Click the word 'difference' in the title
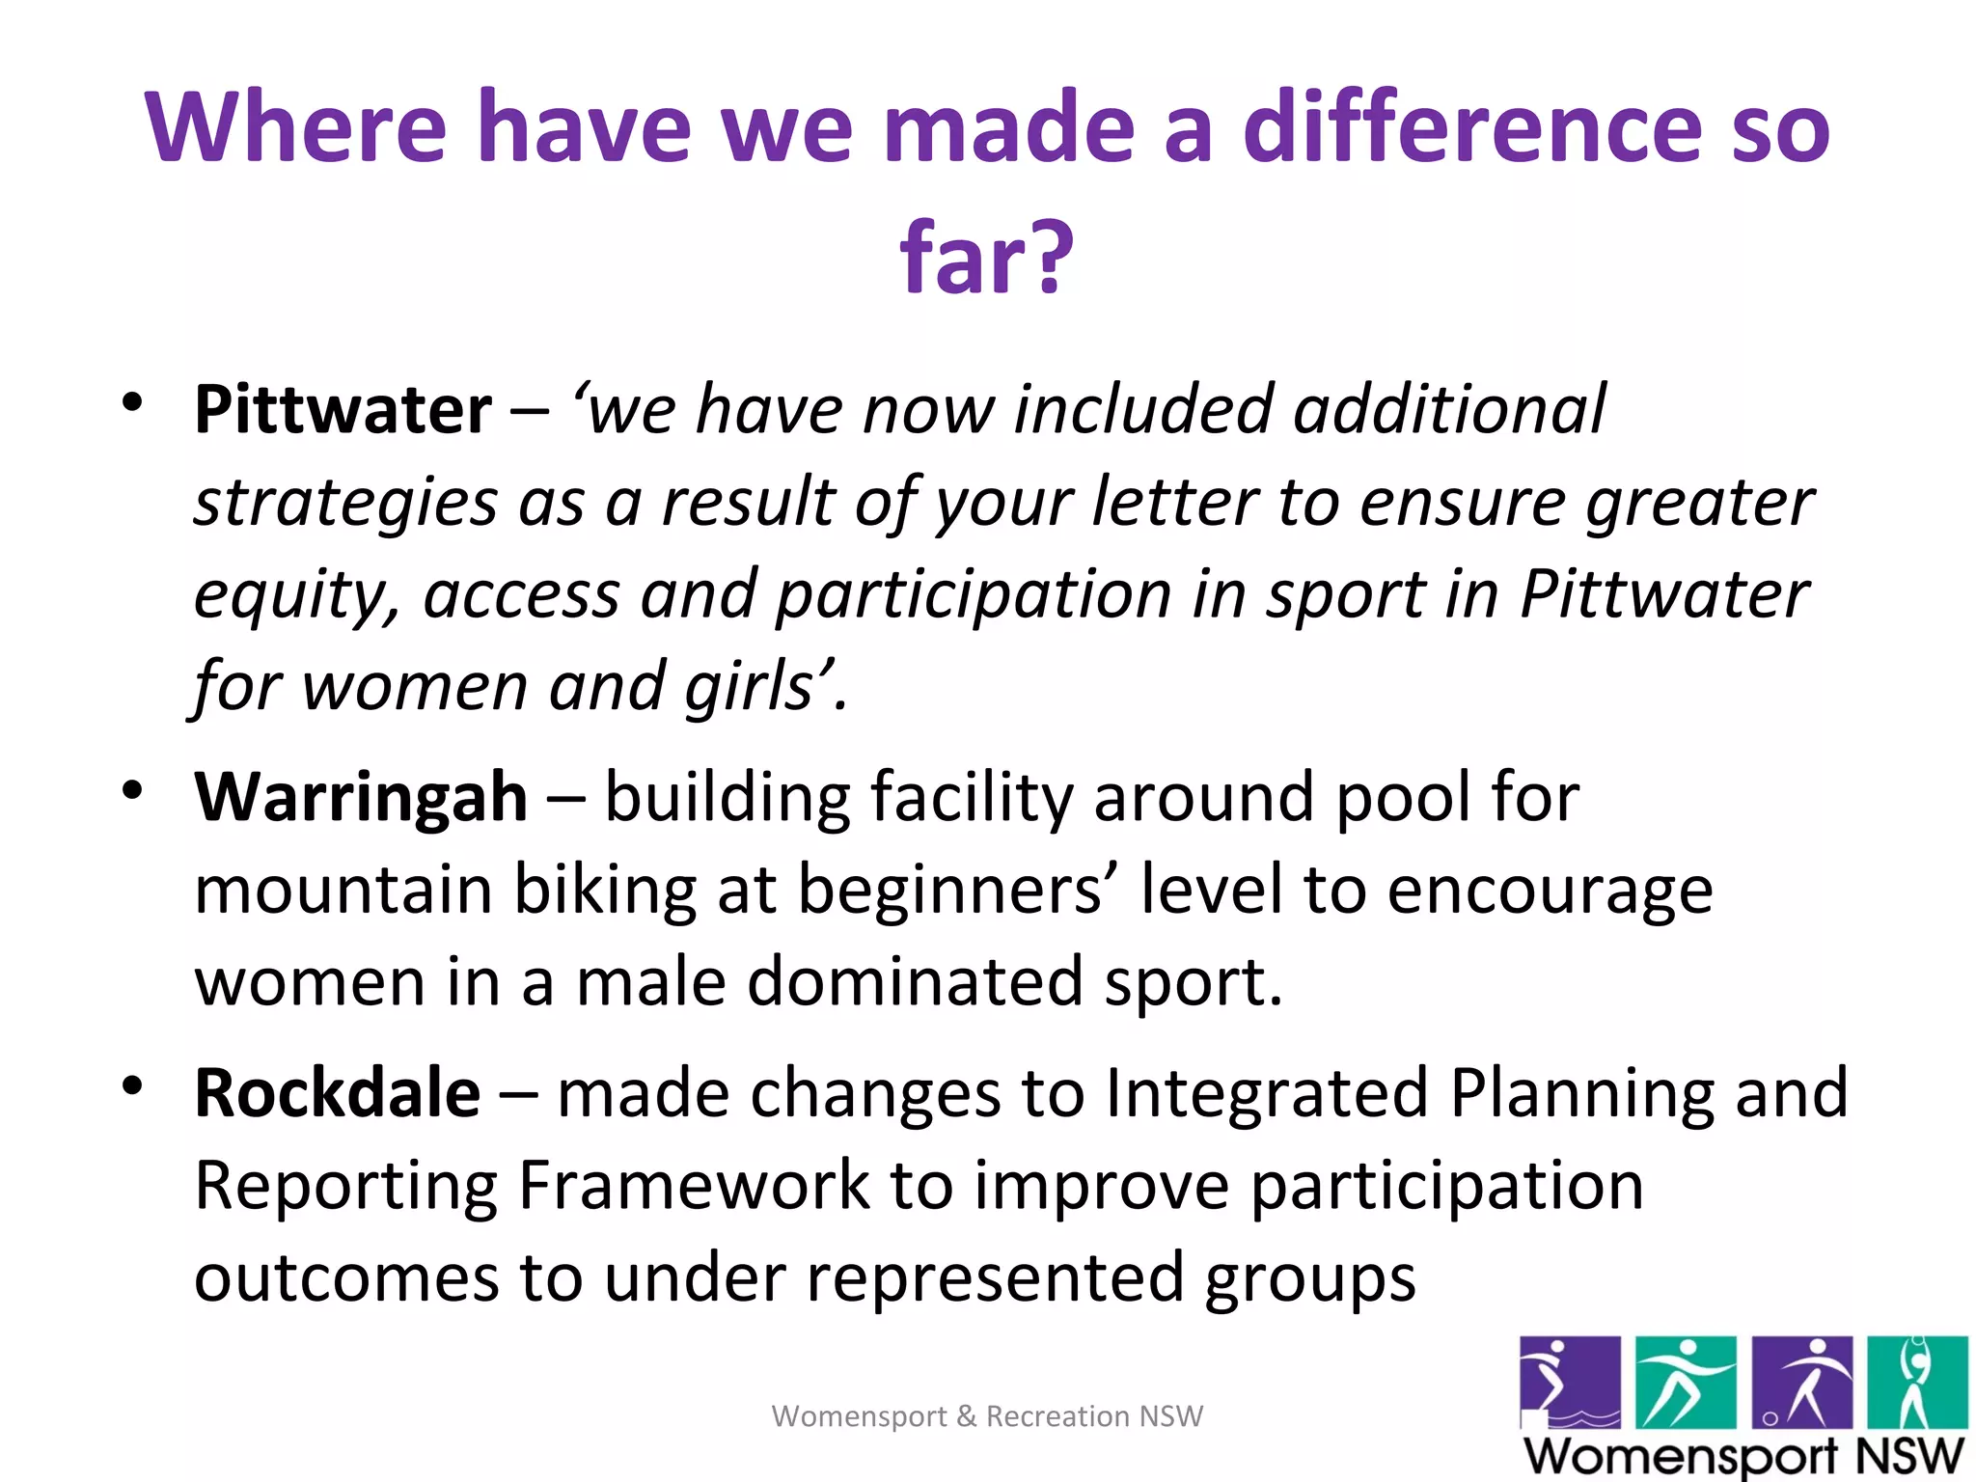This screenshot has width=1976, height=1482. [1472, 127]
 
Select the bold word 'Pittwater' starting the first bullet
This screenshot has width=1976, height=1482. [343, 410]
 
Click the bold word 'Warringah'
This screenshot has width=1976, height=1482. [361, 798]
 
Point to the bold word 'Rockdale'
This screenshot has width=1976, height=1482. [337, 1093]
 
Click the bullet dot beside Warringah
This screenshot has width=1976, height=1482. [132, 790]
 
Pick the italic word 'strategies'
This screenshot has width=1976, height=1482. [345, 504]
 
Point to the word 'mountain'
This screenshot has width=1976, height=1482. [343, 890]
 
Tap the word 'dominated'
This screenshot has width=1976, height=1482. [914, 982]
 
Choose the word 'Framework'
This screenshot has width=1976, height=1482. [694, 1186]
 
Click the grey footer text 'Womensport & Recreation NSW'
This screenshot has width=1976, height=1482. [987, 1415]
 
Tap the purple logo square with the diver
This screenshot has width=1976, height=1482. [1569, 1382]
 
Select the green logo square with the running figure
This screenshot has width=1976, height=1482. [1686, 1382]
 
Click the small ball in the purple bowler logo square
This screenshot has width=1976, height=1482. [1770, 1417]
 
